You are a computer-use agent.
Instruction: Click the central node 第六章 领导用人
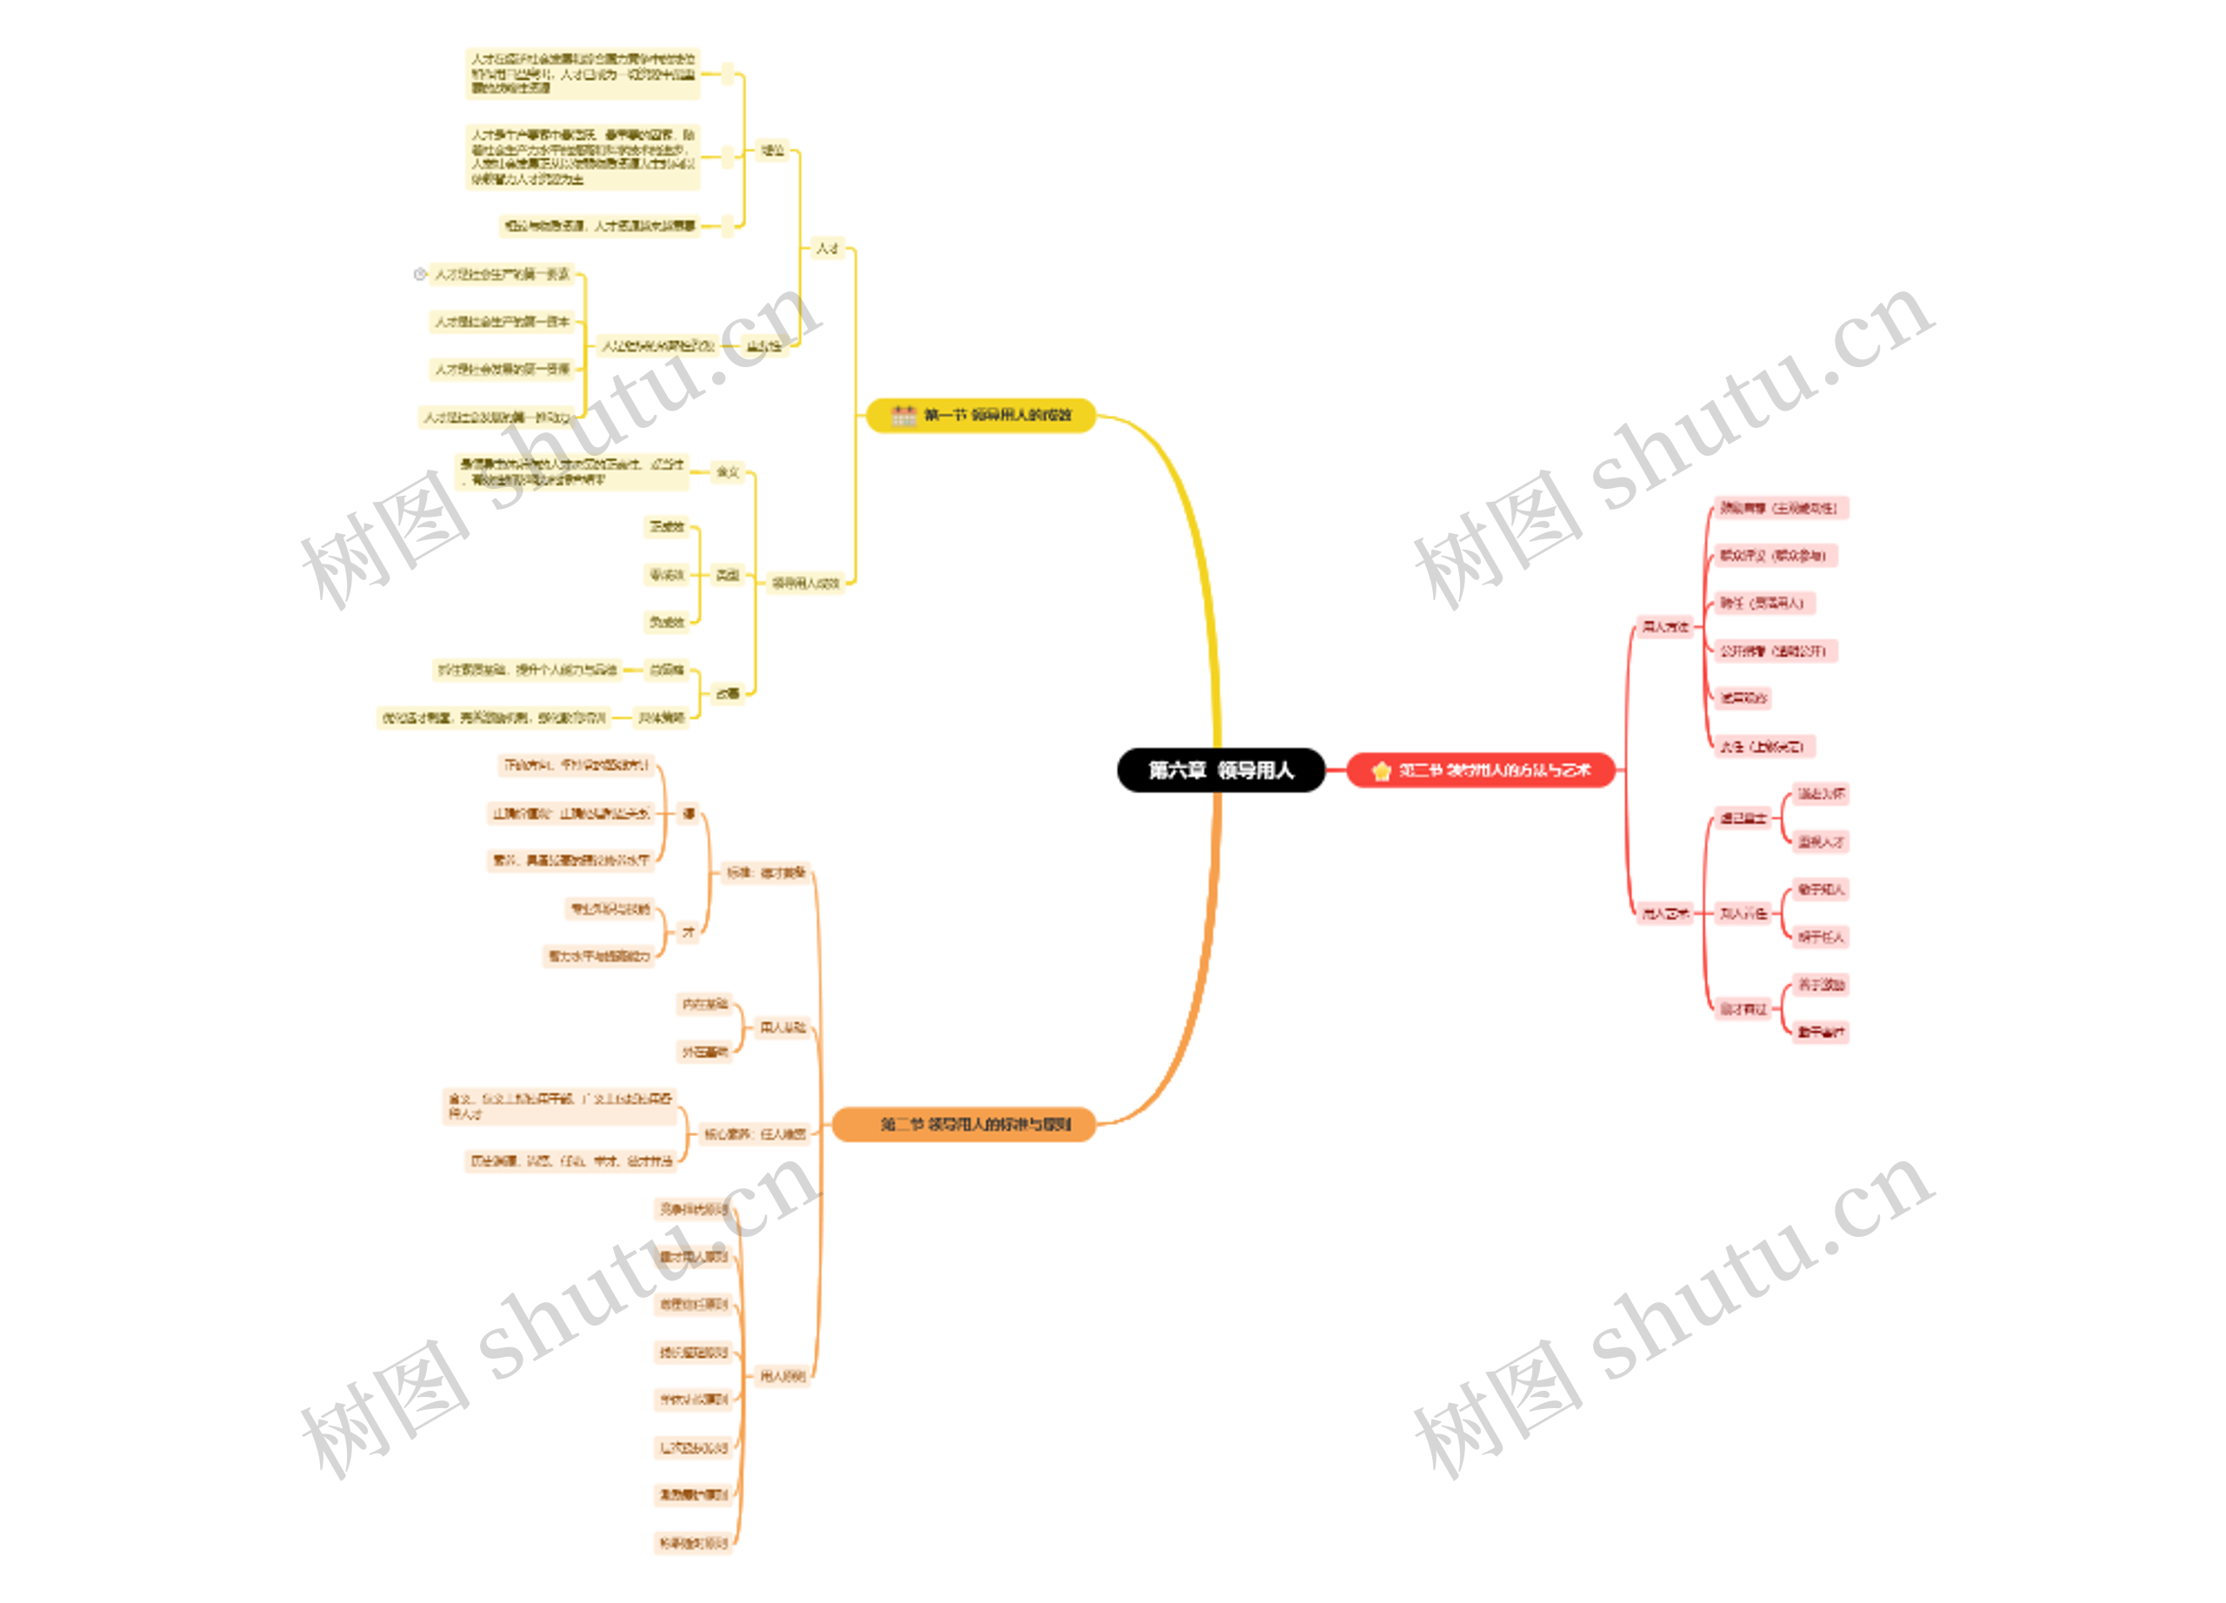[x=1220, y=771]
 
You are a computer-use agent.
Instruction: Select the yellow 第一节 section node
[x=981, y=415]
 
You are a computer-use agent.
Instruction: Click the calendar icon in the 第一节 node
[x=903, y=415]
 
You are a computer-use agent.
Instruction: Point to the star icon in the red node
[x=1381, y=771]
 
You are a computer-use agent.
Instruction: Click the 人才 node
[x=828, y=249]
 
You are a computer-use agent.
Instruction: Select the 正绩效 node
[x=666, y=527]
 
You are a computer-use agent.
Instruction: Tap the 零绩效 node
[x=666, y=574]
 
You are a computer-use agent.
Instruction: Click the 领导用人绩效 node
[x=805, y=583]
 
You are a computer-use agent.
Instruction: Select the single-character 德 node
[x=689, y=814]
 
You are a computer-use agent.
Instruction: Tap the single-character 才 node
[x=689, y=932]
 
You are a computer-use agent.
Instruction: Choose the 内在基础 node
[x=704, y=1005]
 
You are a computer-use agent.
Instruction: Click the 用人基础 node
[x=783, y=1028]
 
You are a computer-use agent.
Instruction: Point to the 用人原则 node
[x=783, y=1376]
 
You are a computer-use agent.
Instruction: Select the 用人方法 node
[x=1665, y=626]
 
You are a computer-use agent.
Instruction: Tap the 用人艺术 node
[x=1665, y=914]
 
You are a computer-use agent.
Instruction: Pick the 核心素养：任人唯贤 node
[x=755, y=1135]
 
